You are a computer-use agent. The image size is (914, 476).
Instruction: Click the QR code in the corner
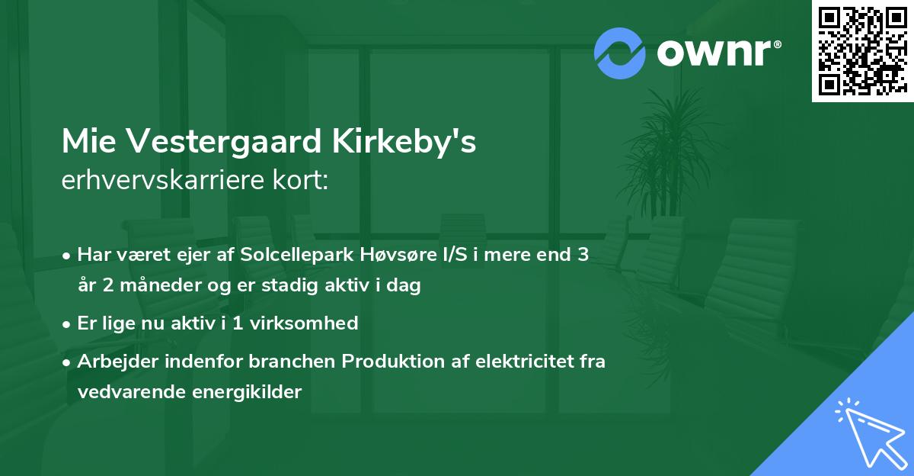pyautogui.click(x=862, y=50)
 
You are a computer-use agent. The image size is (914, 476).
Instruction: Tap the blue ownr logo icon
pyautogui.click(x=620, y=53)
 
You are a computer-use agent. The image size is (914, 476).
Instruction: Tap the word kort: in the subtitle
pyautogui.click(x=303, y=181)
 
